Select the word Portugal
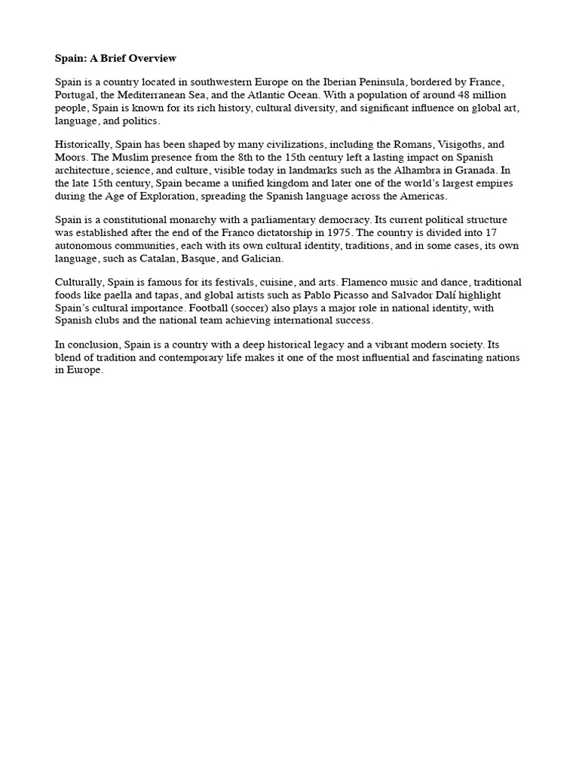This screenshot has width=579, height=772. (77, 95)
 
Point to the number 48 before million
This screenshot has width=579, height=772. (444, 95)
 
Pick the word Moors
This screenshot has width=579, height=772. (70, 158)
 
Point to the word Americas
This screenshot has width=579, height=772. (423, 195)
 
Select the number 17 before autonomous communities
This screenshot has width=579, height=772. (510, 233)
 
